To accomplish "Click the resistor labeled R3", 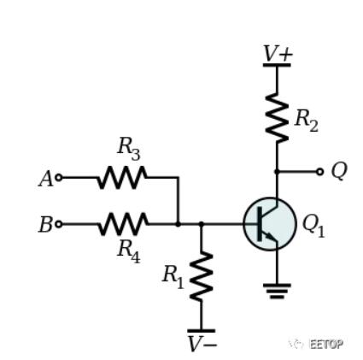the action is [x=122, y=178].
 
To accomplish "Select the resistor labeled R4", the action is [x=123, y=224].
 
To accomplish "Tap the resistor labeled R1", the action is [x=202, y=276].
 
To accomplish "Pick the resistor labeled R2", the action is [x=277, y=117].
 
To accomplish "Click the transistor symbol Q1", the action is [x=270, y=224].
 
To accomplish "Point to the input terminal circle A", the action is [x=59, y=178].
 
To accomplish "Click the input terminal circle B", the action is [x=59, y=224].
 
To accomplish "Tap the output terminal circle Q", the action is [x=320, y=172].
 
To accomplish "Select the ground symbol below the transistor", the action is [x=277, y=291].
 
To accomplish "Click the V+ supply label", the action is [x=278, y=54].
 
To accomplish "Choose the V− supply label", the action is [x=202, y=344].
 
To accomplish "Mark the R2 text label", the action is [x=306, y=121].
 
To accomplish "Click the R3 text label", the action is [x=129, y=149].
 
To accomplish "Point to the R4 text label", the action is [x=129, y=251].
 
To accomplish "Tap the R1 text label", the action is [x=173, y=278].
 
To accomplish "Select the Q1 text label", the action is [x=313, y=226].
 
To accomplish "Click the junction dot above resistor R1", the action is [x=202, y=224].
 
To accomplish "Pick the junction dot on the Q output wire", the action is [x=277, y=172].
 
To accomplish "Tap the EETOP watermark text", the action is [x=326, y=344].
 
